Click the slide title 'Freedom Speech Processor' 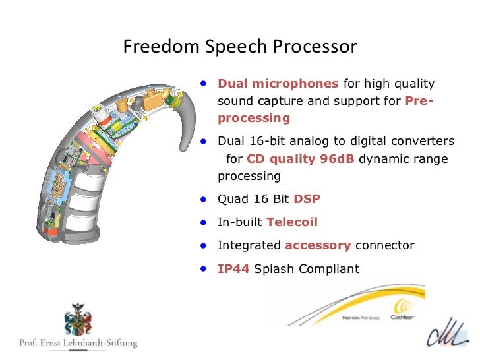pos(241,47)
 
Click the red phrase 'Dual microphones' pos(278,84)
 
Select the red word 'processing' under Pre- pos(253,119)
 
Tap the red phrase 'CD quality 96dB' pos(301,159)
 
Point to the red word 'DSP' pos(307,199)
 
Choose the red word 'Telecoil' pos(289,222)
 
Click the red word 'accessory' pos(317,245)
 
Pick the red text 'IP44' pos(233,268)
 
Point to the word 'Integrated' pos(249,245)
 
